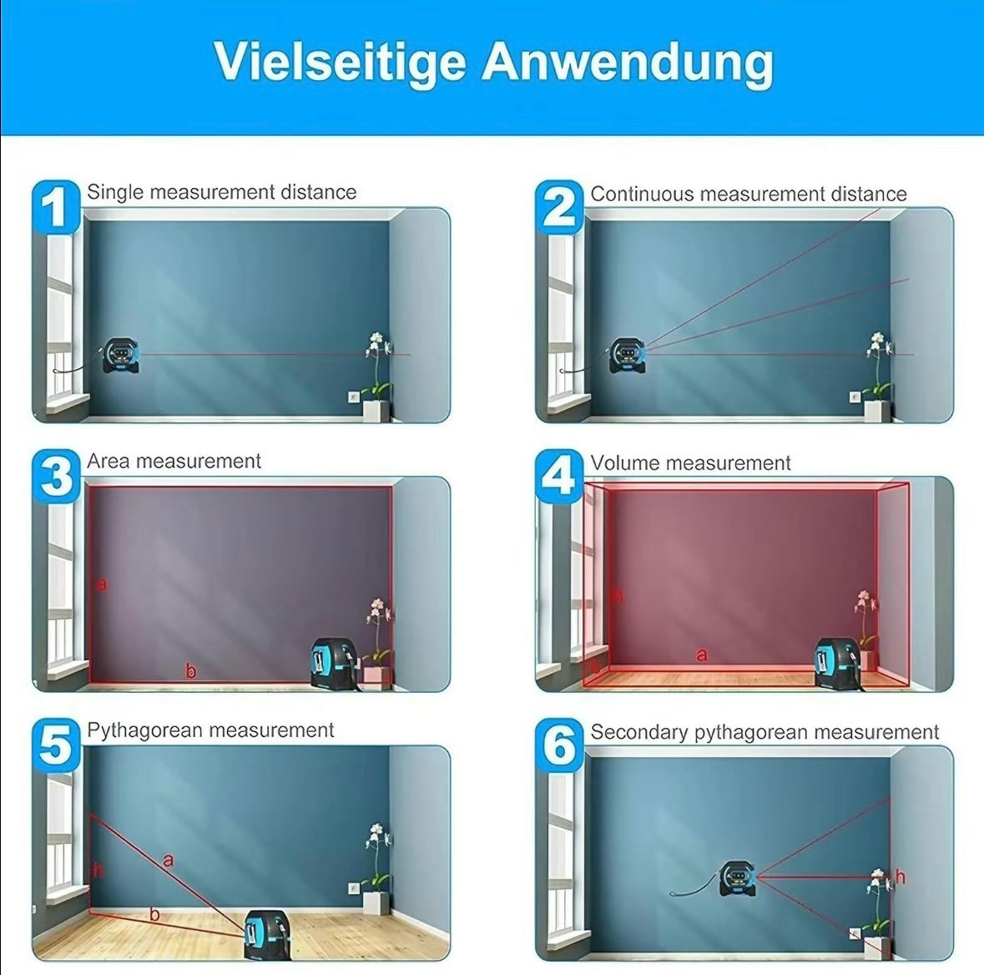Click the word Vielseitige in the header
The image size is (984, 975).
pos(341,63)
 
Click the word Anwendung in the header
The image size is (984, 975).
pos(628,62)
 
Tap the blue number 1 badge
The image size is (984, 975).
pos(57,208)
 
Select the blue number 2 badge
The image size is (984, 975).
pos(559,208)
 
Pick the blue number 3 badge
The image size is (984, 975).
pos(57,477)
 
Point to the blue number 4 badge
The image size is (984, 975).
pos(559,477)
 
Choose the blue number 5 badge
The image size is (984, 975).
pos(57,745)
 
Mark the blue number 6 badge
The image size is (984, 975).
pos(559,745)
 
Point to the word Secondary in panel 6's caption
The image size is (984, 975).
pos(638,732)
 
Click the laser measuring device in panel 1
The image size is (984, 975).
pos(120,356)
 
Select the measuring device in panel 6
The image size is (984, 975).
pos(738,877)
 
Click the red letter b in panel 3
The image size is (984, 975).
pos(191,671)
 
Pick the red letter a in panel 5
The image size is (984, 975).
pos(168,860)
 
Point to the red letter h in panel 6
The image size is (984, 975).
pos(901,876)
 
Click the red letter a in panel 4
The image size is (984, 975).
pos(702,655)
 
